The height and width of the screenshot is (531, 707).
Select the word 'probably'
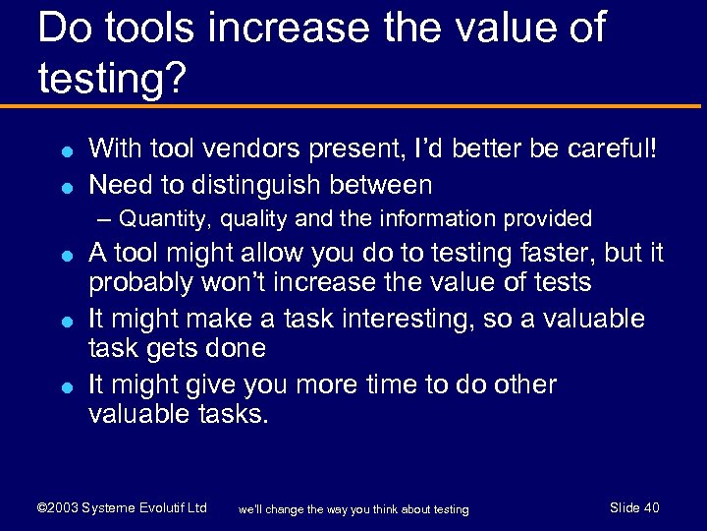click(x=143, y=284)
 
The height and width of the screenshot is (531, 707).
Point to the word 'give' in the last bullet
click(x=200, y=384)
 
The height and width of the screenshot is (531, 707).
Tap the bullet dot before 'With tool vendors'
click(x=62, y=151)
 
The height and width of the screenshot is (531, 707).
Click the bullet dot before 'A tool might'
click(x=62, y=255)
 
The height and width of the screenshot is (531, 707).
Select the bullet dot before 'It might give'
click(x=62, y=386)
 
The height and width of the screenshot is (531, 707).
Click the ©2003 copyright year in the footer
click(x=58, y=508)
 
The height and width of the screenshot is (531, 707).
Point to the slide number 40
click(x=650, y=508)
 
